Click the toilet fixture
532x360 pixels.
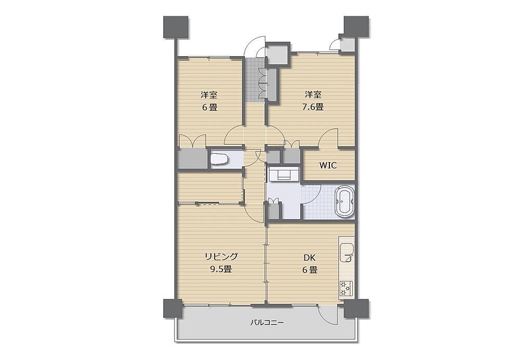pos(218,159)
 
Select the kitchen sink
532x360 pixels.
pos(346,253)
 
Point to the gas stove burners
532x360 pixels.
pos(346,288)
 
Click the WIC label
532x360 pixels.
pos(328,166)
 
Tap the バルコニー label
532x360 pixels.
pos(267,322)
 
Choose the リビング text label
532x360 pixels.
pos(221,256)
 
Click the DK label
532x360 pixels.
pos(309,258)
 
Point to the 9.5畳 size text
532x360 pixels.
pos(221,270)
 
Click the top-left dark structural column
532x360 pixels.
pos(176,27)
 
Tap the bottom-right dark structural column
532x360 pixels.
pos(356,309)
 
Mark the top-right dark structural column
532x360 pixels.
pos(356,27)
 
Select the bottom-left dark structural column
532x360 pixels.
pos(173,309)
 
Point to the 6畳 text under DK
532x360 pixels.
pos(309,271)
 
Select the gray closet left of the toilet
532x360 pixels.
pos(192,158)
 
